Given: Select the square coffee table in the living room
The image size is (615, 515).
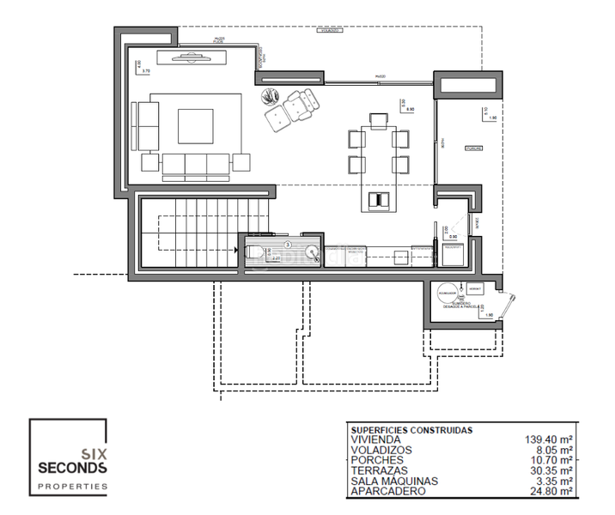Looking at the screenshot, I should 196,125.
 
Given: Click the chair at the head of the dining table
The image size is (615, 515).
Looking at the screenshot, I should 376,118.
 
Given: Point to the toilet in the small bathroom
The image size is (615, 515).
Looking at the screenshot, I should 255,251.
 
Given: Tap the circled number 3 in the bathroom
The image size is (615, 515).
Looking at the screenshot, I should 289,244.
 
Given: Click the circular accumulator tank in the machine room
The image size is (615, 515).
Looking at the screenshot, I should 447,292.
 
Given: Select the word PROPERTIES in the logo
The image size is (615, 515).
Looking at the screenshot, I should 72,486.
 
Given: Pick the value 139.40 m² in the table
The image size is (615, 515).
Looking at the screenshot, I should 548,439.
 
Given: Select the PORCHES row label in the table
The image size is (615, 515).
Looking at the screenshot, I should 376,461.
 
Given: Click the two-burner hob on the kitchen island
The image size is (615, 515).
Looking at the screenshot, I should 378,201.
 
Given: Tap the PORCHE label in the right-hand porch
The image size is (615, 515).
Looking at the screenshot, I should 472,148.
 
